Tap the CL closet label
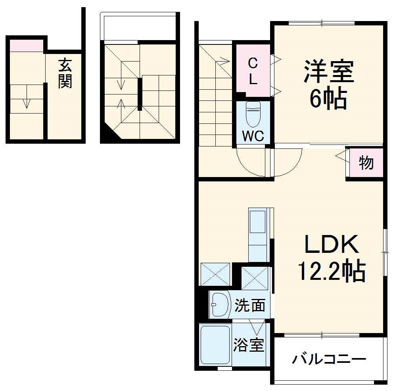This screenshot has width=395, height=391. click(x=253, y=71)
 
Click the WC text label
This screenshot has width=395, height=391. click(x=253, y=136)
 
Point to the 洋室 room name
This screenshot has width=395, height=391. click(x=328, y=71)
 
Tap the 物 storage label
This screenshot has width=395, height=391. click(x=366, y=163)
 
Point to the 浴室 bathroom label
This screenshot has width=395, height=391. click(x=248, y=345)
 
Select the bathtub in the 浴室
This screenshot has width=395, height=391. click(x=215, y=345)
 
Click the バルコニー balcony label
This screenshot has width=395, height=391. click(x=329, y=360)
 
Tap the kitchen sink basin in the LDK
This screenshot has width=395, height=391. click(x=257, y=222)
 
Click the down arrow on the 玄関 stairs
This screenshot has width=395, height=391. click(x=26, y=103)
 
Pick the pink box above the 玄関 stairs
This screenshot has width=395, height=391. click(x=26, y=46)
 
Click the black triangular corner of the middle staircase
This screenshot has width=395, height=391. click(x=109, y=134)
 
